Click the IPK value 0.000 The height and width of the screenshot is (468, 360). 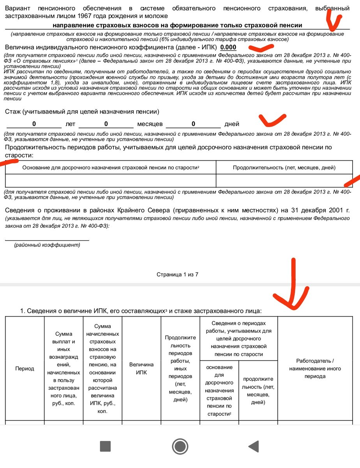228,47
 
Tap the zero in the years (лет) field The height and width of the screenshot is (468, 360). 34,124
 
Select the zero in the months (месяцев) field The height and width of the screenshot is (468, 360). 106,124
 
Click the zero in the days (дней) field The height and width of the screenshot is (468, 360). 193,124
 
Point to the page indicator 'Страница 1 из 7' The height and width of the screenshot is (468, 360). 178,275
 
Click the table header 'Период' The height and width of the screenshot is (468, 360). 25,369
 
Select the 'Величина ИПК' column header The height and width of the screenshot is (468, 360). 141,369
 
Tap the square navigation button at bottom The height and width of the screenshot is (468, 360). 106,446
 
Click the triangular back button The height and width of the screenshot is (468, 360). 254,446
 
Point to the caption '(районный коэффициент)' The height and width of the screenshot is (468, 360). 47,245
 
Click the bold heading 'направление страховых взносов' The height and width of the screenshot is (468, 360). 177,25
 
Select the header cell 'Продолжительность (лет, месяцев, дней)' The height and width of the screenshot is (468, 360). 284,168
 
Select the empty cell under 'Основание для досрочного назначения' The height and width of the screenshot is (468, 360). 111,181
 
